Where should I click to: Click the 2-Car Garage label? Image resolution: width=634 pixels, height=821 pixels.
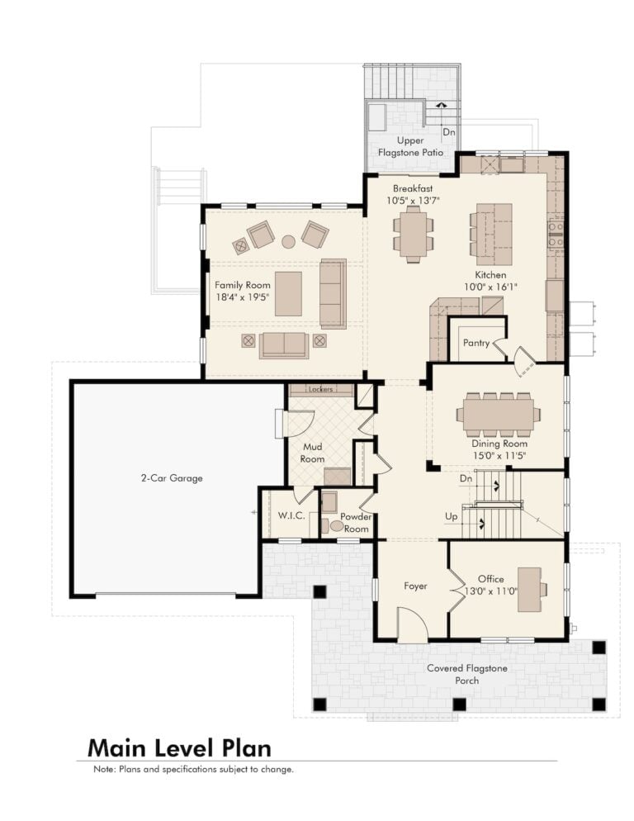[172, 478]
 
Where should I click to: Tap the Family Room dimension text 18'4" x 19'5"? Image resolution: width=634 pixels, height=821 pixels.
[243, 297]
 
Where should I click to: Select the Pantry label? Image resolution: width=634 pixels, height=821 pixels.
[475, 343]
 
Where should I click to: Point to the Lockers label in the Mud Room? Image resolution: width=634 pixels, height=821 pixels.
[320, 389]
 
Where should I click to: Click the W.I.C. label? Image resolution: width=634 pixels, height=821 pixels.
[291, 515]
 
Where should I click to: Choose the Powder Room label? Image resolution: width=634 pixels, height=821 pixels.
[356, 523]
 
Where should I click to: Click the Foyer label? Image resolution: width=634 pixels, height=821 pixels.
[415, 586]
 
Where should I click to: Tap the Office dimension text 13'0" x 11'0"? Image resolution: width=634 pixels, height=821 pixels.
[491, 591]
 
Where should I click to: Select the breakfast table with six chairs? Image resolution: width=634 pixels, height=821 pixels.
[414, 234]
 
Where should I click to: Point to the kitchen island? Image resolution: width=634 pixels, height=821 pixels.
[494, 234]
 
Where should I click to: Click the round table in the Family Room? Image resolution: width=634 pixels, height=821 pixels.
[288, 241]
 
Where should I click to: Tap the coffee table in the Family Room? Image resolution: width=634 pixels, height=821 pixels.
[288, 293]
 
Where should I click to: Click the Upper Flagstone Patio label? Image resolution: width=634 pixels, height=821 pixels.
[410, 147]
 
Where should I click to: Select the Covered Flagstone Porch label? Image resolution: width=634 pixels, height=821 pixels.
[466, 674]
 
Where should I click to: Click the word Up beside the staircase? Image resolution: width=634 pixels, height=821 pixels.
[451, 516]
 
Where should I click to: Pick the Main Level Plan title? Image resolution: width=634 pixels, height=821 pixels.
[179, 747]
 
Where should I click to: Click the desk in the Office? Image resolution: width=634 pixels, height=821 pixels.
[530, 590]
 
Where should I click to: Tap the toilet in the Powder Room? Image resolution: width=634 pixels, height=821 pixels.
[334, 525]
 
